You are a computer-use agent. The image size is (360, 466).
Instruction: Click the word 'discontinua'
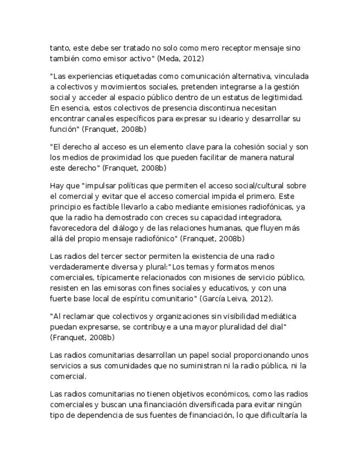202,108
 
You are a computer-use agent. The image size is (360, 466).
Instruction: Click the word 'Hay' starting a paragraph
57,186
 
